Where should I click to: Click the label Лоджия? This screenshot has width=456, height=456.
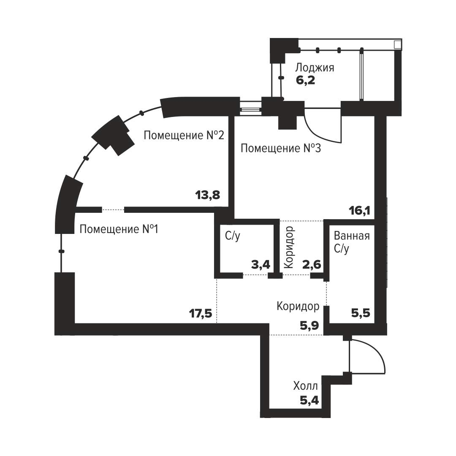click(x=315, y=68)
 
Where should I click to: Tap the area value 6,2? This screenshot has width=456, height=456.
click(x=305, y=80)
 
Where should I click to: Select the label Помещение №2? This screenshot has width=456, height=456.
click(x=184, y=135)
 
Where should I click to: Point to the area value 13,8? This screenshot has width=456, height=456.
click(x=208, y=195)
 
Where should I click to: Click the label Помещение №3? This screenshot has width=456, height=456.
click(x=281, y=148)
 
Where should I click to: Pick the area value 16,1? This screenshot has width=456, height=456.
click(x=360, y=211)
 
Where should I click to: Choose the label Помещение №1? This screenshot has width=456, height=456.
click(x=119, y=229)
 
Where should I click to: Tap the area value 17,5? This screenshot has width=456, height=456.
click(x=201, y=314)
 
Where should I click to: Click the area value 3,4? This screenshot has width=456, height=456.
click(x=261, y=265)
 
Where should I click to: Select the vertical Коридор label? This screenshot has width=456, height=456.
click(x=289, y=247)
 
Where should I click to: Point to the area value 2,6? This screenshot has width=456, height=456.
click(x=312, y=265)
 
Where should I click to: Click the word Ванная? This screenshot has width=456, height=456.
click(x=352, y=236)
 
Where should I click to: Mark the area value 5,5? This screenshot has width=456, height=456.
click(x=361, y=313)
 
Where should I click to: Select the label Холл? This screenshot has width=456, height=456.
click(x=305, y=386)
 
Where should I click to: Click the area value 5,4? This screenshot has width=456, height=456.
click(x=309, y=401)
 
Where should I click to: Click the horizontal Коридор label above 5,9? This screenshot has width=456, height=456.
click(x=298, y=306)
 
